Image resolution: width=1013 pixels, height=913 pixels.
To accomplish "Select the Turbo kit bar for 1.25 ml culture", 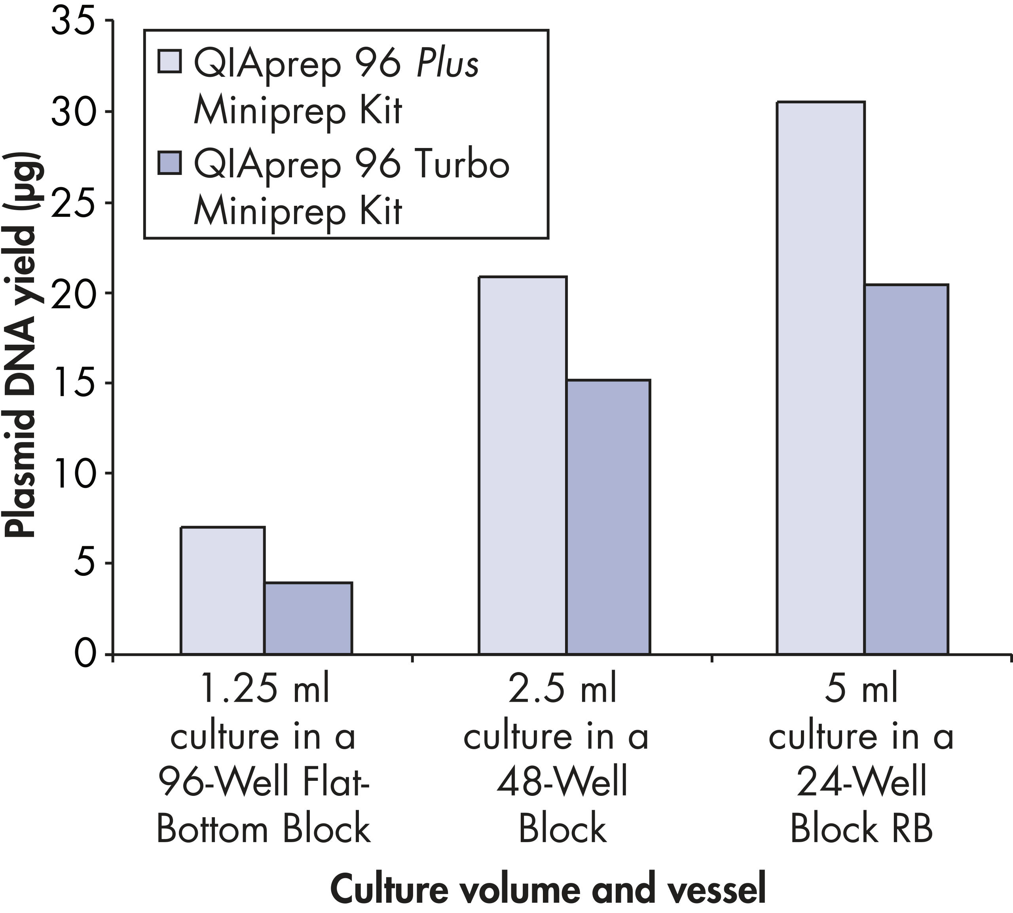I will (x=308, y=618).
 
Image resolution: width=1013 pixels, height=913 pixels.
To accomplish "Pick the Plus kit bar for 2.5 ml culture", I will (x=523, y=465).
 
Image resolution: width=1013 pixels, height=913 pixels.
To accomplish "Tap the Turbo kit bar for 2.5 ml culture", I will (x=608, y=517).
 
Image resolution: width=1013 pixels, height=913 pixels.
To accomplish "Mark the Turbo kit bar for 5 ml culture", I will (x=906, y=469).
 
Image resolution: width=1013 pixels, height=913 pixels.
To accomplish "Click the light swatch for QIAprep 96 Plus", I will (x=169, y=62).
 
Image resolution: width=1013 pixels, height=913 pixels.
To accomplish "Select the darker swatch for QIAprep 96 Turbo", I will (x=169, y=163).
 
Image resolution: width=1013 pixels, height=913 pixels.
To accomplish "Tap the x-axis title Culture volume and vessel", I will (x=548, y=888).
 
